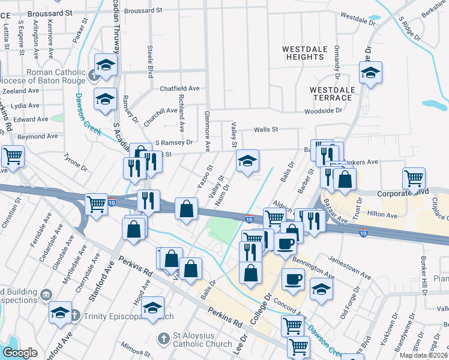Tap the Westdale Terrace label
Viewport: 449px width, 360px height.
331,93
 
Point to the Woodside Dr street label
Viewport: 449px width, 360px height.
323,110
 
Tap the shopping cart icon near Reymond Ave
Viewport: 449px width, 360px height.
13,157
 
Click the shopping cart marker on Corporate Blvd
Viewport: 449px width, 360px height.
414,178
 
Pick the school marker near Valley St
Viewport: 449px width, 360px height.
247,161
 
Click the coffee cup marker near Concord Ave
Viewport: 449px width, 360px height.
294,279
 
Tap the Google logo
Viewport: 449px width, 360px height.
20,353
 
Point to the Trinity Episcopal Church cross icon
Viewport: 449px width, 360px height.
74,316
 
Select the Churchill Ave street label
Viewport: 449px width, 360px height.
160,111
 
